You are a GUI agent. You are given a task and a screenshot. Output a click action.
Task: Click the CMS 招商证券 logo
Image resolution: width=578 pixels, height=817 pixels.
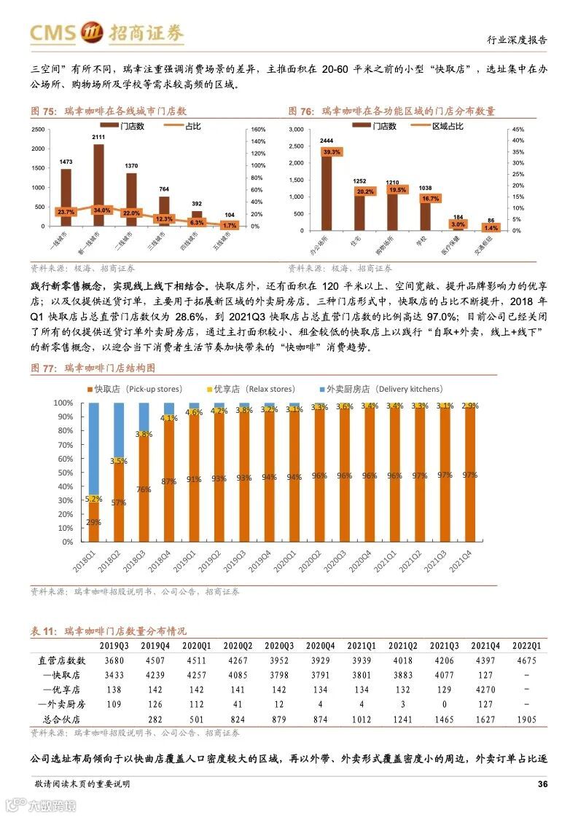pyautogui.click(x=106, y=33)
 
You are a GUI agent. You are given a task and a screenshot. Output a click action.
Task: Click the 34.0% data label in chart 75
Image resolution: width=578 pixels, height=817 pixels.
pyautogui.click(x=102, y=210)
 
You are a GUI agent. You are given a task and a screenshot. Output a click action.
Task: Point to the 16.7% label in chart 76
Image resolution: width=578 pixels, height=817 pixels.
pyautogui.click(x=430, y=198)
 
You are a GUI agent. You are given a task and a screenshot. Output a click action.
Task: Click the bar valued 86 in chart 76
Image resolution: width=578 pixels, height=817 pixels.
pyautogui.click(x=491, y=229)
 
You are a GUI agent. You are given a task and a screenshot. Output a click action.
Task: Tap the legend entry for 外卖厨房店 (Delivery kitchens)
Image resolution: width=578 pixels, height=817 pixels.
pyautogui.click(x=379, y=390)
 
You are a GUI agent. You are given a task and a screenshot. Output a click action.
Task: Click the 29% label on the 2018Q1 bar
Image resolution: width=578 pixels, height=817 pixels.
pyautogui.click(x=93, y=523)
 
